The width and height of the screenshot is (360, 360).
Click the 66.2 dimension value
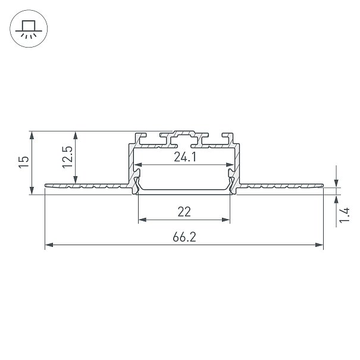tap(184, 237)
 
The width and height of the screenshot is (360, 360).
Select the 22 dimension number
tap(184, 212)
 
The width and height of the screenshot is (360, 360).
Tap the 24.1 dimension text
tap(185, 157)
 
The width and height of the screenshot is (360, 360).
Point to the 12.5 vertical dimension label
tap(67, 157)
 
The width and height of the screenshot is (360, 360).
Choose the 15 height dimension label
tap(24, 162)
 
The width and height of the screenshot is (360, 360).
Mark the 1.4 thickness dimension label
tap(345, 215)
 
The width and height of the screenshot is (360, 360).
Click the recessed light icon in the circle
tap(29, 29)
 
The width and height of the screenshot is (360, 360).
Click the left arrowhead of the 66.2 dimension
tap(49, 245)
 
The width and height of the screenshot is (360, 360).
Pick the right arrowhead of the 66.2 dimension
tap(319, 245)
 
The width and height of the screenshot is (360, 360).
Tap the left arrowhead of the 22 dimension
tap(143, 220)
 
